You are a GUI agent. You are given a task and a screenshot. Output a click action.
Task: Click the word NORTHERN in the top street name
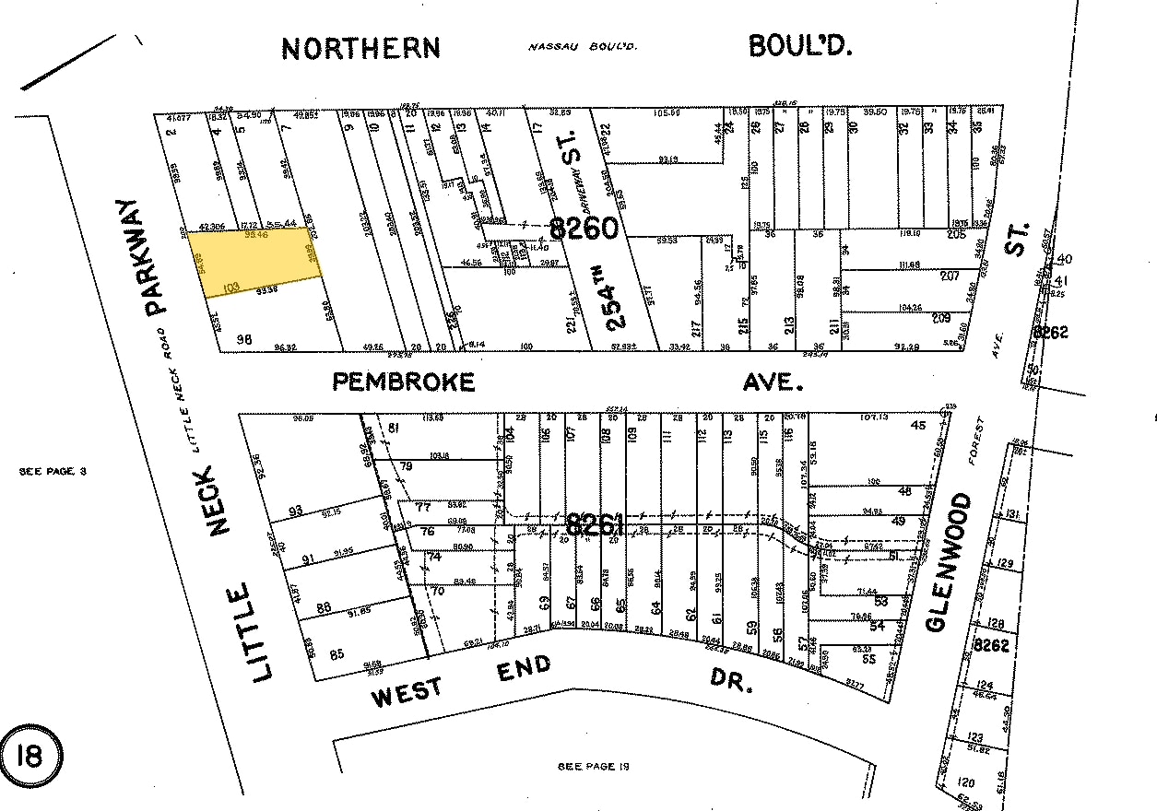pos(360,49)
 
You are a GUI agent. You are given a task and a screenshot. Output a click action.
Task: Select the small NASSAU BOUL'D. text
pos(584,47)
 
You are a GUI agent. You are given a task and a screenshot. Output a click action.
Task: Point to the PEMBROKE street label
pos(404,381)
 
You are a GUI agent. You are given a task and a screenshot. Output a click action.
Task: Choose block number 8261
pos(596,525)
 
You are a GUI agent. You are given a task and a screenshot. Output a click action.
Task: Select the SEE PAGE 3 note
pos(53,471)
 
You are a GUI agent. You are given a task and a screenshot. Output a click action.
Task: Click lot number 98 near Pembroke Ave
pos(244,338)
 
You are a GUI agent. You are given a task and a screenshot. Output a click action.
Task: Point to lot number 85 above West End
pos(336,654)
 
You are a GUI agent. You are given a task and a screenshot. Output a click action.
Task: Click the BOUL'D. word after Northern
pos(799,47)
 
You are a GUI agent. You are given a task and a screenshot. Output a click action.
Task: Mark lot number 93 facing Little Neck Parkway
pos(296,511)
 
